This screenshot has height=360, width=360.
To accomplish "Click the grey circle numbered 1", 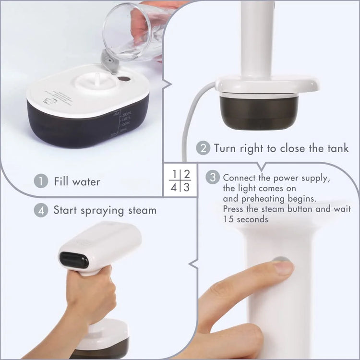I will [41, 181].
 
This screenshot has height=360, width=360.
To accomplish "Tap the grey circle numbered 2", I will [203, 148].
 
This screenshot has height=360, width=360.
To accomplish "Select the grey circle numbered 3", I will [213, 177].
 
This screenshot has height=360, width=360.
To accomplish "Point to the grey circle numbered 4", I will [41, 210].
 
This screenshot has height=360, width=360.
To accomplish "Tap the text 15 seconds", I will [245, 219].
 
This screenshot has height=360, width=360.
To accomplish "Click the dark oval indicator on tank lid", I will [124, 78].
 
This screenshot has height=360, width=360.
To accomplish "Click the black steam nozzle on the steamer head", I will [74, 260].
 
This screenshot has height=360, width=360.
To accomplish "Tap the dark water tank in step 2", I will [259, 111].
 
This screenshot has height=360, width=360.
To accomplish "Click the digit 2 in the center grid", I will [187, 174].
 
